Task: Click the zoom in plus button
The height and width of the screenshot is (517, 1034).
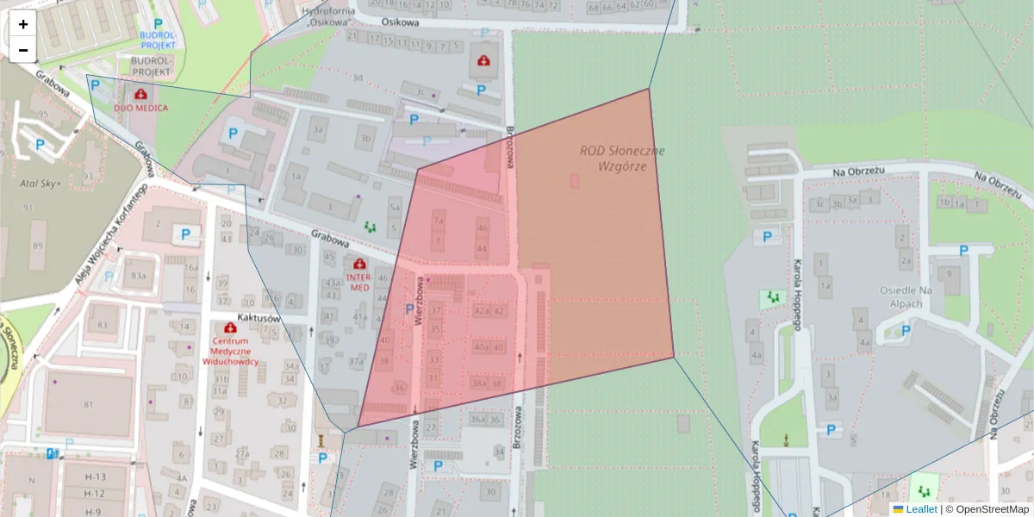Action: click(x=23, y=24)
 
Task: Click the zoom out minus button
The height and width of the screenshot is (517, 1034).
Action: click(x=23, y=50)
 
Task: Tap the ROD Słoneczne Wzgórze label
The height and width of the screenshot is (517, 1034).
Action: click(x=622, y=158)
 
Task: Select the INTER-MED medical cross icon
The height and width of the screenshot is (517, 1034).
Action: click(x=358, y=264)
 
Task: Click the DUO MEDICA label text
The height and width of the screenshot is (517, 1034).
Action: click(x=141, y=108)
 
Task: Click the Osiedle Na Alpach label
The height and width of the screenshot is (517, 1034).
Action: click(x=906, y=297)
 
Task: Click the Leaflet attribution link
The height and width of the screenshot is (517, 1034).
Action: click(x=921, y=509)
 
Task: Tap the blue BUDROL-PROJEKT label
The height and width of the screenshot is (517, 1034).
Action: click(x=157, y=39)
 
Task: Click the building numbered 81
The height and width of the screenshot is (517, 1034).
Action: click(x=88, y=404)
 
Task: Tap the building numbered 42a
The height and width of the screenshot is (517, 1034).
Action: click(x=481, y=311)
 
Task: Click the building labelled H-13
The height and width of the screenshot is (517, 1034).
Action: click(x=95, y=477)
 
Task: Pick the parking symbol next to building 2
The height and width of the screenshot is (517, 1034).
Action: click(x=185, y=234)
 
